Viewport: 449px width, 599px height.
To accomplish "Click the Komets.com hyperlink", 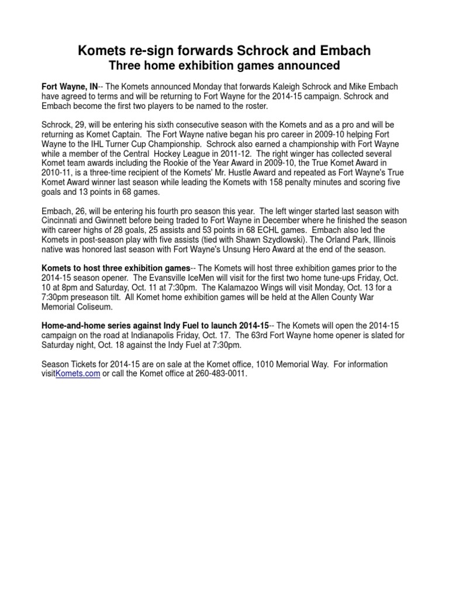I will (78, 374).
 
